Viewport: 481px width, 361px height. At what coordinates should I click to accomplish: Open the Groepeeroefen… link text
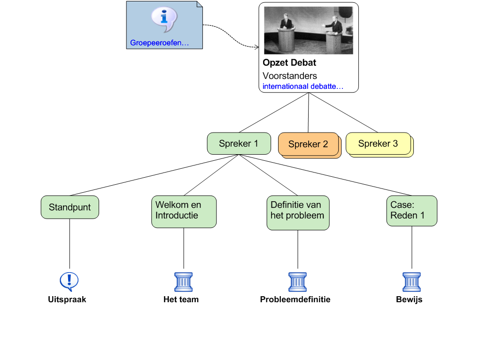[x=159, y=43]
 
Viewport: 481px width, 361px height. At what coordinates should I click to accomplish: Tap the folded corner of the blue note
[x=199, y=5]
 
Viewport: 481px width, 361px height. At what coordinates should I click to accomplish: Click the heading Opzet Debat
[x=289, y=63]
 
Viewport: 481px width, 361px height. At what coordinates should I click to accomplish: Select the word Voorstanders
[x=289, y=76]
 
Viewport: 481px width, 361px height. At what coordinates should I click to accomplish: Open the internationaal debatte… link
[x=303, y=86]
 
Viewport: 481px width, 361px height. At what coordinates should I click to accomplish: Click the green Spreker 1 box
[x=239, y=143]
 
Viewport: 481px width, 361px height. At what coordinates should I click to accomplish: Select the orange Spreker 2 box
[x=308, y=144]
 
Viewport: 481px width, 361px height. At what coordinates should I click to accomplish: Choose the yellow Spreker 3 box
[x=378, y=143]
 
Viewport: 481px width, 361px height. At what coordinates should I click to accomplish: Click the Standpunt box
[x=70, y=207]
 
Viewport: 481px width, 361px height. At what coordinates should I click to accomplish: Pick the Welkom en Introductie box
[x=184, y=212]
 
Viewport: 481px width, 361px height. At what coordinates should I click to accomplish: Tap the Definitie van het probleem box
[x=298, y=212]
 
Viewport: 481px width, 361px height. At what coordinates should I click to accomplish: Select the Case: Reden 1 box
[x=411, y=211]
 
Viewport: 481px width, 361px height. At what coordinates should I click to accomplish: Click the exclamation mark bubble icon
[x=69, y=282]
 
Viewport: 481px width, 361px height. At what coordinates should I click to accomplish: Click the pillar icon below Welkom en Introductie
[x=183, y=282]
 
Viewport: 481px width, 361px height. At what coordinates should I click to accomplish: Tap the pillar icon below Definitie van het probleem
[x=297, y=282]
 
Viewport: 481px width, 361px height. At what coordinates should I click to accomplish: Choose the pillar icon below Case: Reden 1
[x=411, y=282]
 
